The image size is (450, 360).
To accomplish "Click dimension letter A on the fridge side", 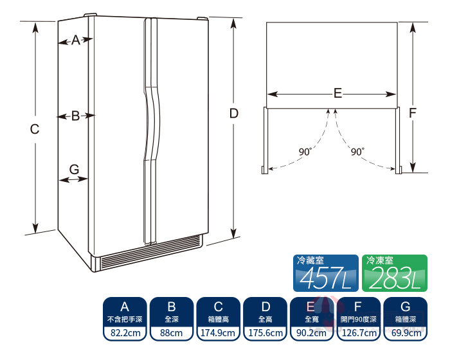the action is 76,40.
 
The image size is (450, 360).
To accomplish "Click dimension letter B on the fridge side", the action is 75,116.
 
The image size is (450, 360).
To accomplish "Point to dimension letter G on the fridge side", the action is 75,169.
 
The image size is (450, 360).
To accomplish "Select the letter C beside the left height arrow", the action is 35,129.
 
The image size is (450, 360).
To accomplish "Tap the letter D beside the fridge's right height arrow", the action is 234,114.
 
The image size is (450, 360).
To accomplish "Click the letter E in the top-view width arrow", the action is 337,93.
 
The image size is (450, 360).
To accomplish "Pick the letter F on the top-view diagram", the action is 413,113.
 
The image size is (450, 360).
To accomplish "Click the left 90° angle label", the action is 305,152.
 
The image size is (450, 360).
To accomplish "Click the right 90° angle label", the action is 358,152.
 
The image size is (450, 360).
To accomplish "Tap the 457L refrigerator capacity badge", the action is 326,273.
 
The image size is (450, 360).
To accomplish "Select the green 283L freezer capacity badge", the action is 395,273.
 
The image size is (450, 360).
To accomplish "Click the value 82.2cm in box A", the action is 125,333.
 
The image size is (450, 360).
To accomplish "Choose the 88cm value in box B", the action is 172,333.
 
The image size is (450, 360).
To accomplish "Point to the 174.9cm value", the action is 218,333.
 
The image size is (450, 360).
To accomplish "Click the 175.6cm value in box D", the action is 265,333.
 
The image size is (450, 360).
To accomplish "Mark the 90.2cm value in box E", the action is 311,333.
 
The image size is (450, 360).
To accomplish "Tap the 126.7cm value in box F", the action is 359,333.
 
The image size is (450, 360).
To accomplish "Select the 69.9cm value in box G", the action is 406,333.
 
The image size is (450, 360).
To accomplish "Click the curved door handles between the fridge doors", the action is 151,130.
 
